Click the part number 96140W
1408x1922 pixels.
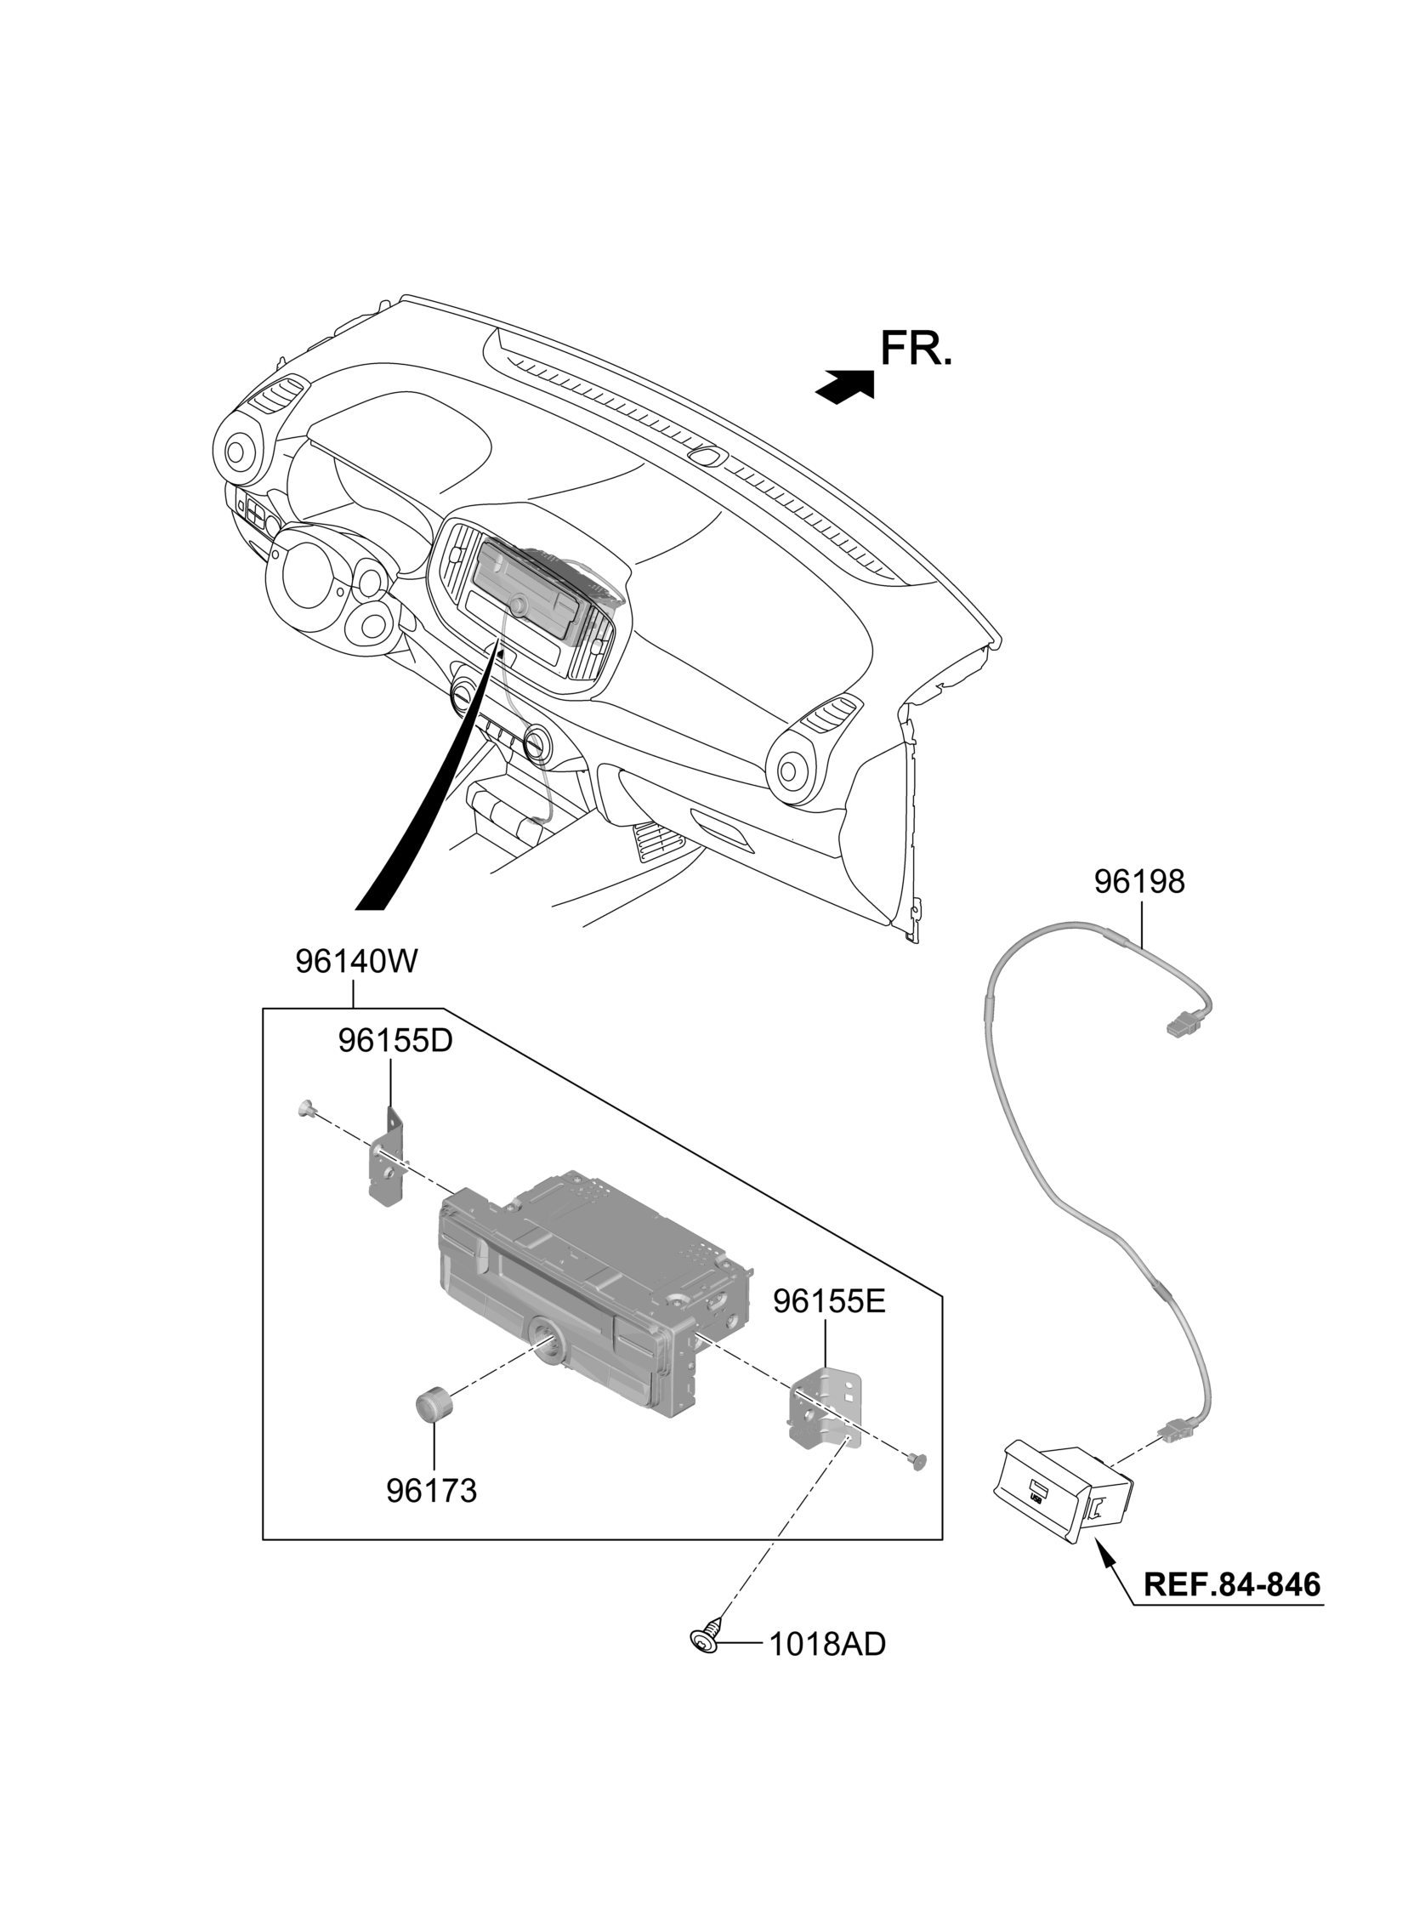coord(356,962)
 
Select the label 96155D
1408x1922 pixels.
coord(395,1040)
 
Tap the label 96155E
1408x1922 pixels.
coord(829,1324)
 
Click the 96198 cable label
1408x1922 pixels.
coord(1138,882)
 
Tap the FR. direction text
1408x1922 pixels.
coord(916,350)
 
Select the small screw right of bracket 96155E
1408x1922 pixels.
coord(917,1463)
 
